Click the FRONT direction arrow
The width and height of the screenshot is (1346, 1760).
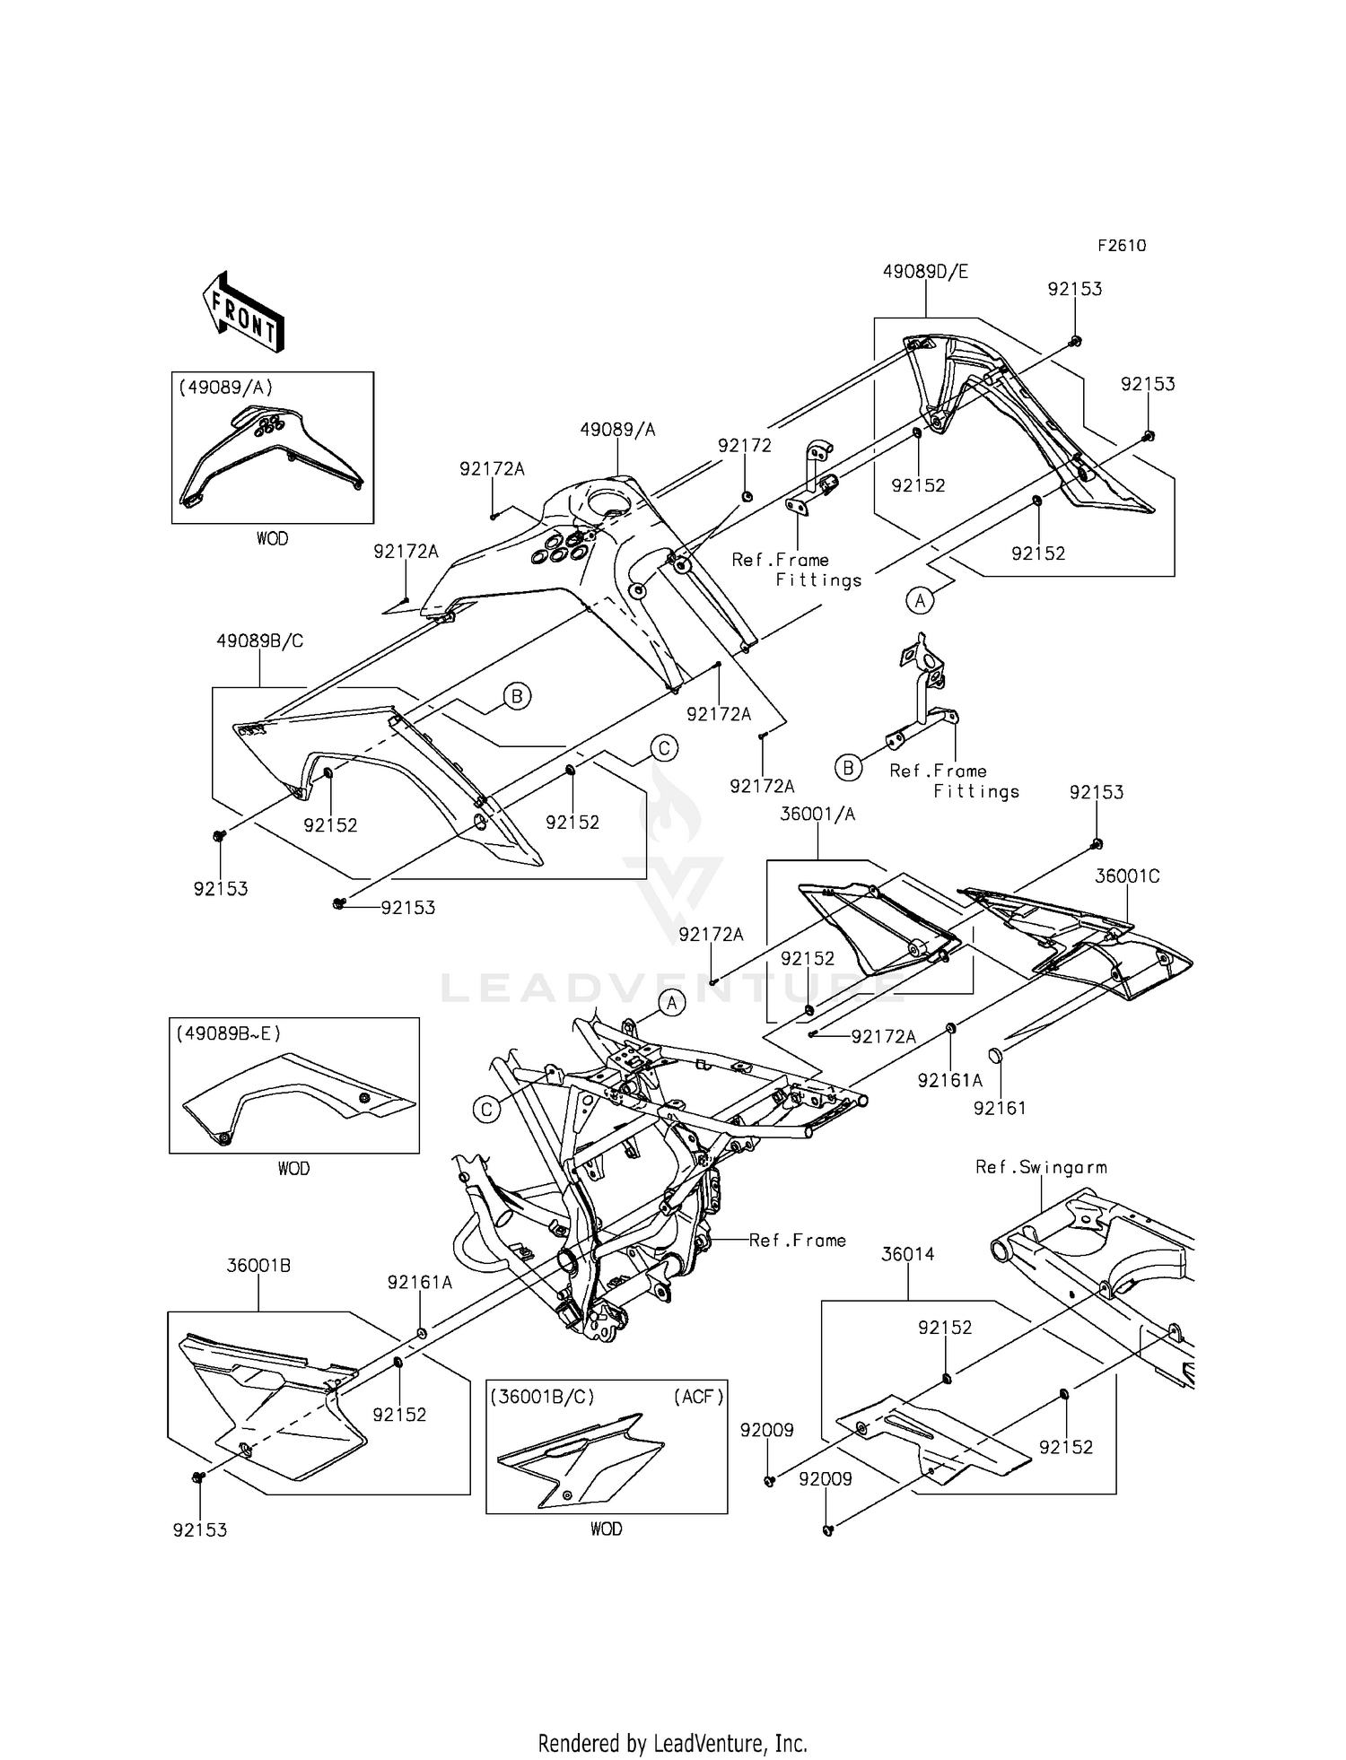pos(243,311)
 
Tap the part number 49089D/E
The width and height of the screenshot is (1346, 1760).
pos(925,272)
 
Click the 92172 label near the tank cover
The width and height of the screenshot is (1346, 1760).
pos(744,446)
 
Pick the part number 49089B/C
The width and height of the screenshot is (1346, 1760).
pos(259,641)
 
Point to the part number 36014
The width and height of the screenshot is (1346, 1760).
pos(907,1254)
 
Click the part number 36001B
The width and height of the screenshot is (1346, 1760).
pos(258,1266)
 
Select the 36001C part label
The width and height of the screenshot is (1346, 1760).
pos(1127,876)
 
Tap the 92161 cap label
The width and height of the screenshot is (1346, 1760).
pos(1000,1109)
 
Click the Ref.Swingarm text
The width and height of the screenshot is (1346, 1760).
pos(1041,1167)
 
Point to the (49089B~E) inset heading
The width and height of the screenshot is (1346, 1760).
pos(228,1033)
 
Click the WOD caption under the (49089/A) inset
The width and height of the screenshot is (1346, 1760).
pos(272,539)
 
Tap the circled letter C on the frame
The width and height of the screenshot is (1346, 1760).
pos(486,1111)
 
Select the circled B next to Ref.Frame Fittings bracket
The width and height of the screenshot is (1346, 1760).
pos(848,768)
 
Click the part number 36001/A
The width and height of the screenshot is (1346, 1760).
pos(817,815)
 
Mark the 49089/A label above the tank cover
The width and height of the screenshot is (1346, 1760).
pos(617,430)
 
